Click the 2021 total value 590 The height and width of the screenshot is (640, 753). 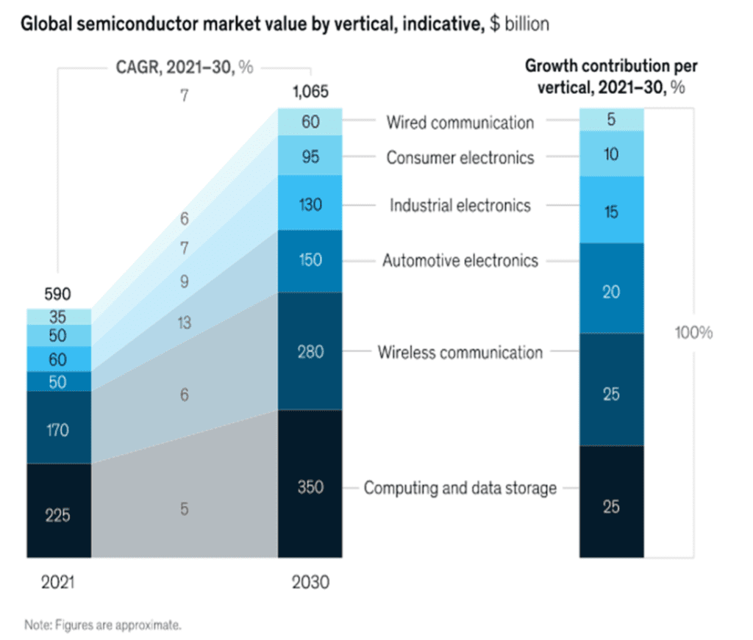coord(57,295)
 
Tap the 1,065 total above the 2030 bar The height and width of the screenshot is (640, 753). coord(310,93)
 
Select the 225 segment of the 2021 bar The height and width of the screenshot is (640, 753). coord(58,514)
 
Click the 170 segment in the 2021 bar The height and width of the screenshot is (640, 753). coord(58,430)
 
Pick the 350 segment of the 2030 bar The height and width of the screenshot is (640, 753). coord(310,487)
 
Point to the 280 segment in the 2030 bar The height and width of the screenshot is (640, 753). coord(310,352)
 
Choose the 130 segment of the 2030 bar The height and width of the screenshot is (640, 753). coord(310,204)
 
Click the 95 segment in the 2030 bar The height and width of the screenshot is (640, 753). coord(310,157)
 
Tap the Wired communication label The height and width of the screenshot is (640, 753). coord(460,122)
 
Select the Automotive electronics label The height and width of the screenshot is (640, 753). coord(460,260)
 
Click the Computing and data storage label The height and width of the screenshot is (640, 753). coord(460,487)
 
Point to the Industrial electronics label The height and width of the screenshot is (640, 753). coord(460,204)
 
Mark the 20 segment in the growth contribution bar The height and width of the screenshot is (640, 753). coord(611,292)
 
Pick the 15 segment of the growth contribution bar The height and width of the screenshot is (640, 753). coord(611,212)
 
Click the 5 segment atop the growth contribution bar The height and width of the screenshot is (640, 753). coord(611,119)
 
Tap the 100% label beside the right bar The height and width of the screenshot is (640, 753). coord(693,332)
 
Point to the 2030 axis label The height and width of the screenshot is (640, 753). coord(310,583)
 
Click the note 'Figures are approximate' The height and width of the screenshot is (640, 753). coord(103,625)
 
